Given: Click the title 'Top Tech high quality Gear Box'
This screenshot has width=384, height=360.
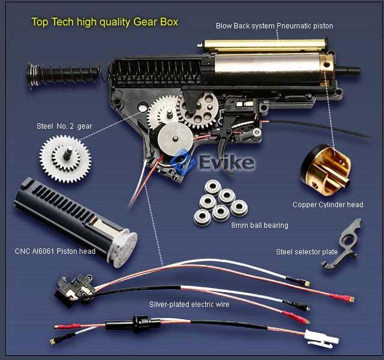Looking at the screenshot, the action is [105, 22].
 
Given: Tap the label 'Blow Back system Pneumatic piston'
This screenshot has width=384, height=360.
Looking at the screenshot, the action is [274, 26].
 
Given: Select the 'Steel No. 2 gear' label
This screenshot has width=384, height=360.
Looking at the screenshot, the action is [64, 126].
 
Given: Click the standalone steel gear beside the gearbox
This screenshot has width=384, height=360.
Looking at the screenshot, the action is [65, 160].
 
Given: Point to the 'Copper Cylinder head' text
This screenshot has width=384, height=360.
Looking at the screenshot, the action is [328, 205].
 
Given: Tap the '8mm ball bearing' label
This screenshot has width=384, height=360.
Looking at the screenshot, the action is [260, 226].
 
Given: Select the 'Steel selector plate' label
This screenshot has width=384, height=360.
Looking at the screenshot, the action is [307, 252].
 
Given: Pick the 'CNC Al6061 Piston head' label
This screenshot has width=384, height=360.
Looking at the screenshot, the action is [55, 251].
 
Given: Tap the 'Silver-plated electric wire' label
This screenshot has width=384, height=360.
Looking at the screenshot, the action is [190, 304].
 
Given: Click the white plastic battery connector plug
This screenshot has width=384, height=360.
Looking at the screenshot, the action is [322, 338].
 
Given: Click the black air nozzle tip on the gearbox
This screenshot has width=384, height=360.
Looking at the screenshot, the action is [348, 71].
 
